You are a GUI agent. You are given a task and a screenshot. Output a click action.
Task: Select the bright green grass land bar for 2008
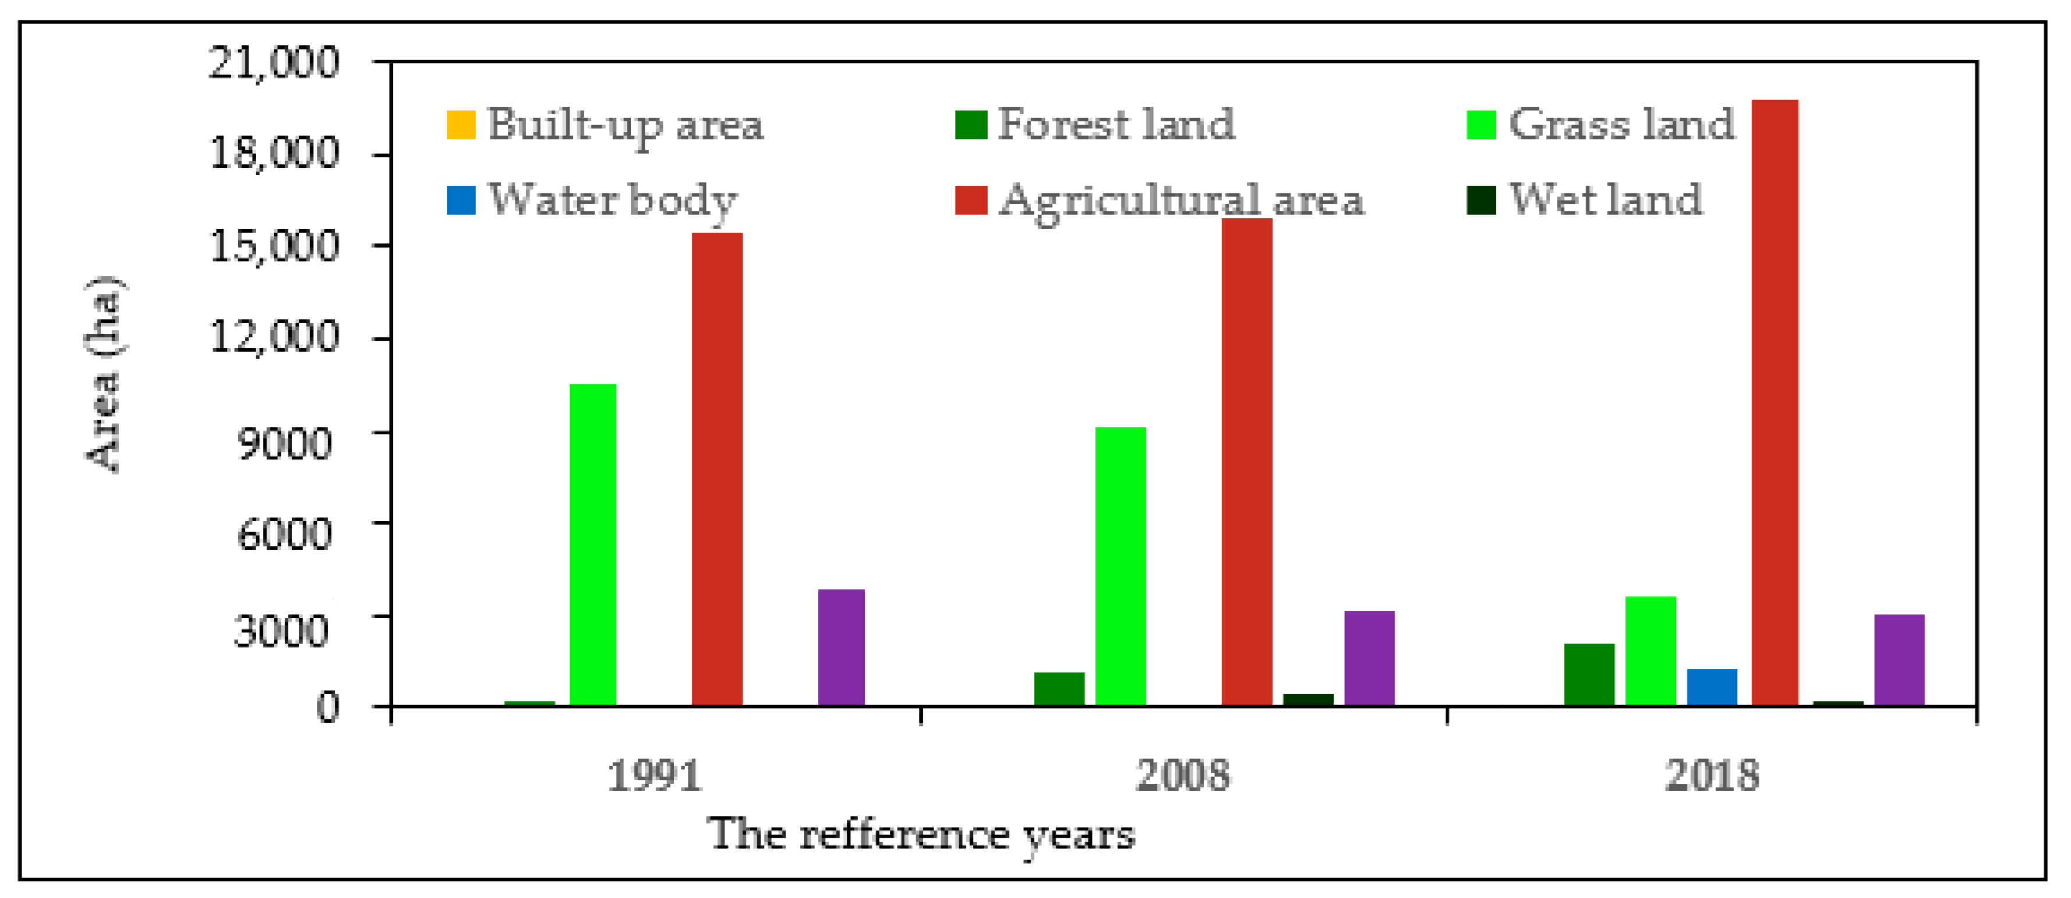(x=1120, y=566)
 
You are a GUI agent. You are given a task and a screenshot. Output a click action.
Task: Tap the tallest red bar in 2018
(x=1775, y=402)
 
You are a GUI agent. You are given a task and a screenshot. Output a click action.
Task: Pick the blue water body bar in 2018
(x=1711, y=687)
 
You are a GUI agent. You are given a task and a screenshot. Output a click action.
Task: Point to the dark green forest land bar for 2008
(x=1059, y=688)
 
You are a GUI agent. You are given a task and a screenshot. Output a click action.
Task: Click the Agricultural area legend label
(x=1180, y=200)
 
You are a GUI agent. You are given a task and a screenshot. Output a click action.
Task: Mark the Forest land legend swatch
(x=970, y=125)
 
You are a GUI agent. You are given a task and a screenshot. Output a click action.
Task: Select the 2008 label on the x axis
(x=1182, y=776)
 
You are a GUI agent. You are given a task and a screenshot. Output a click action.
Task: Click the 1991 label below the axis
(x=653, y=776)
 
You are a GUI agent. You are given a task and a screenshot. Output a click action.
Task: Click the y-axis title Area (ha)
(x=104, y=374)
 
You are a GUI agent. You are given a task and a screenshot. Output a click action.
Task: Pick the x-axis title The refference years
(x=921, y=835)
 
